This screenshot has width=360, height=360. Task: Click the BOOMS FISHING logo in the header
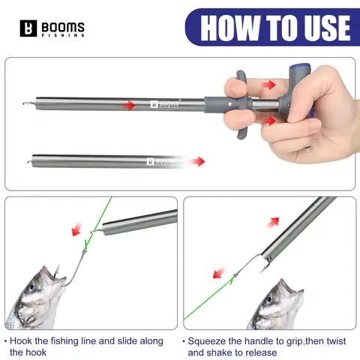tap(52, 28)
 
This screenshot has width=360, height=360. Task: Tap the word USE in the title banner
tap(319, 28)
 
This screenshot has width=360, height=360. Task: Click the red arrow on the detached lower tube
tap(196, 160)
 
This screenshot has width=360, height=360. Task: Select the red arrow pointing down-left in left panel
tap(77, 230)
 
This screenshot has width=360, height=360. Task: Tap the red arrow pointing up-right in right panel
tap(274, 222)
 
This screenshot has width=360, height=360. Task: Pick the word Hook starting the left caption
tap(22, 341)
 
